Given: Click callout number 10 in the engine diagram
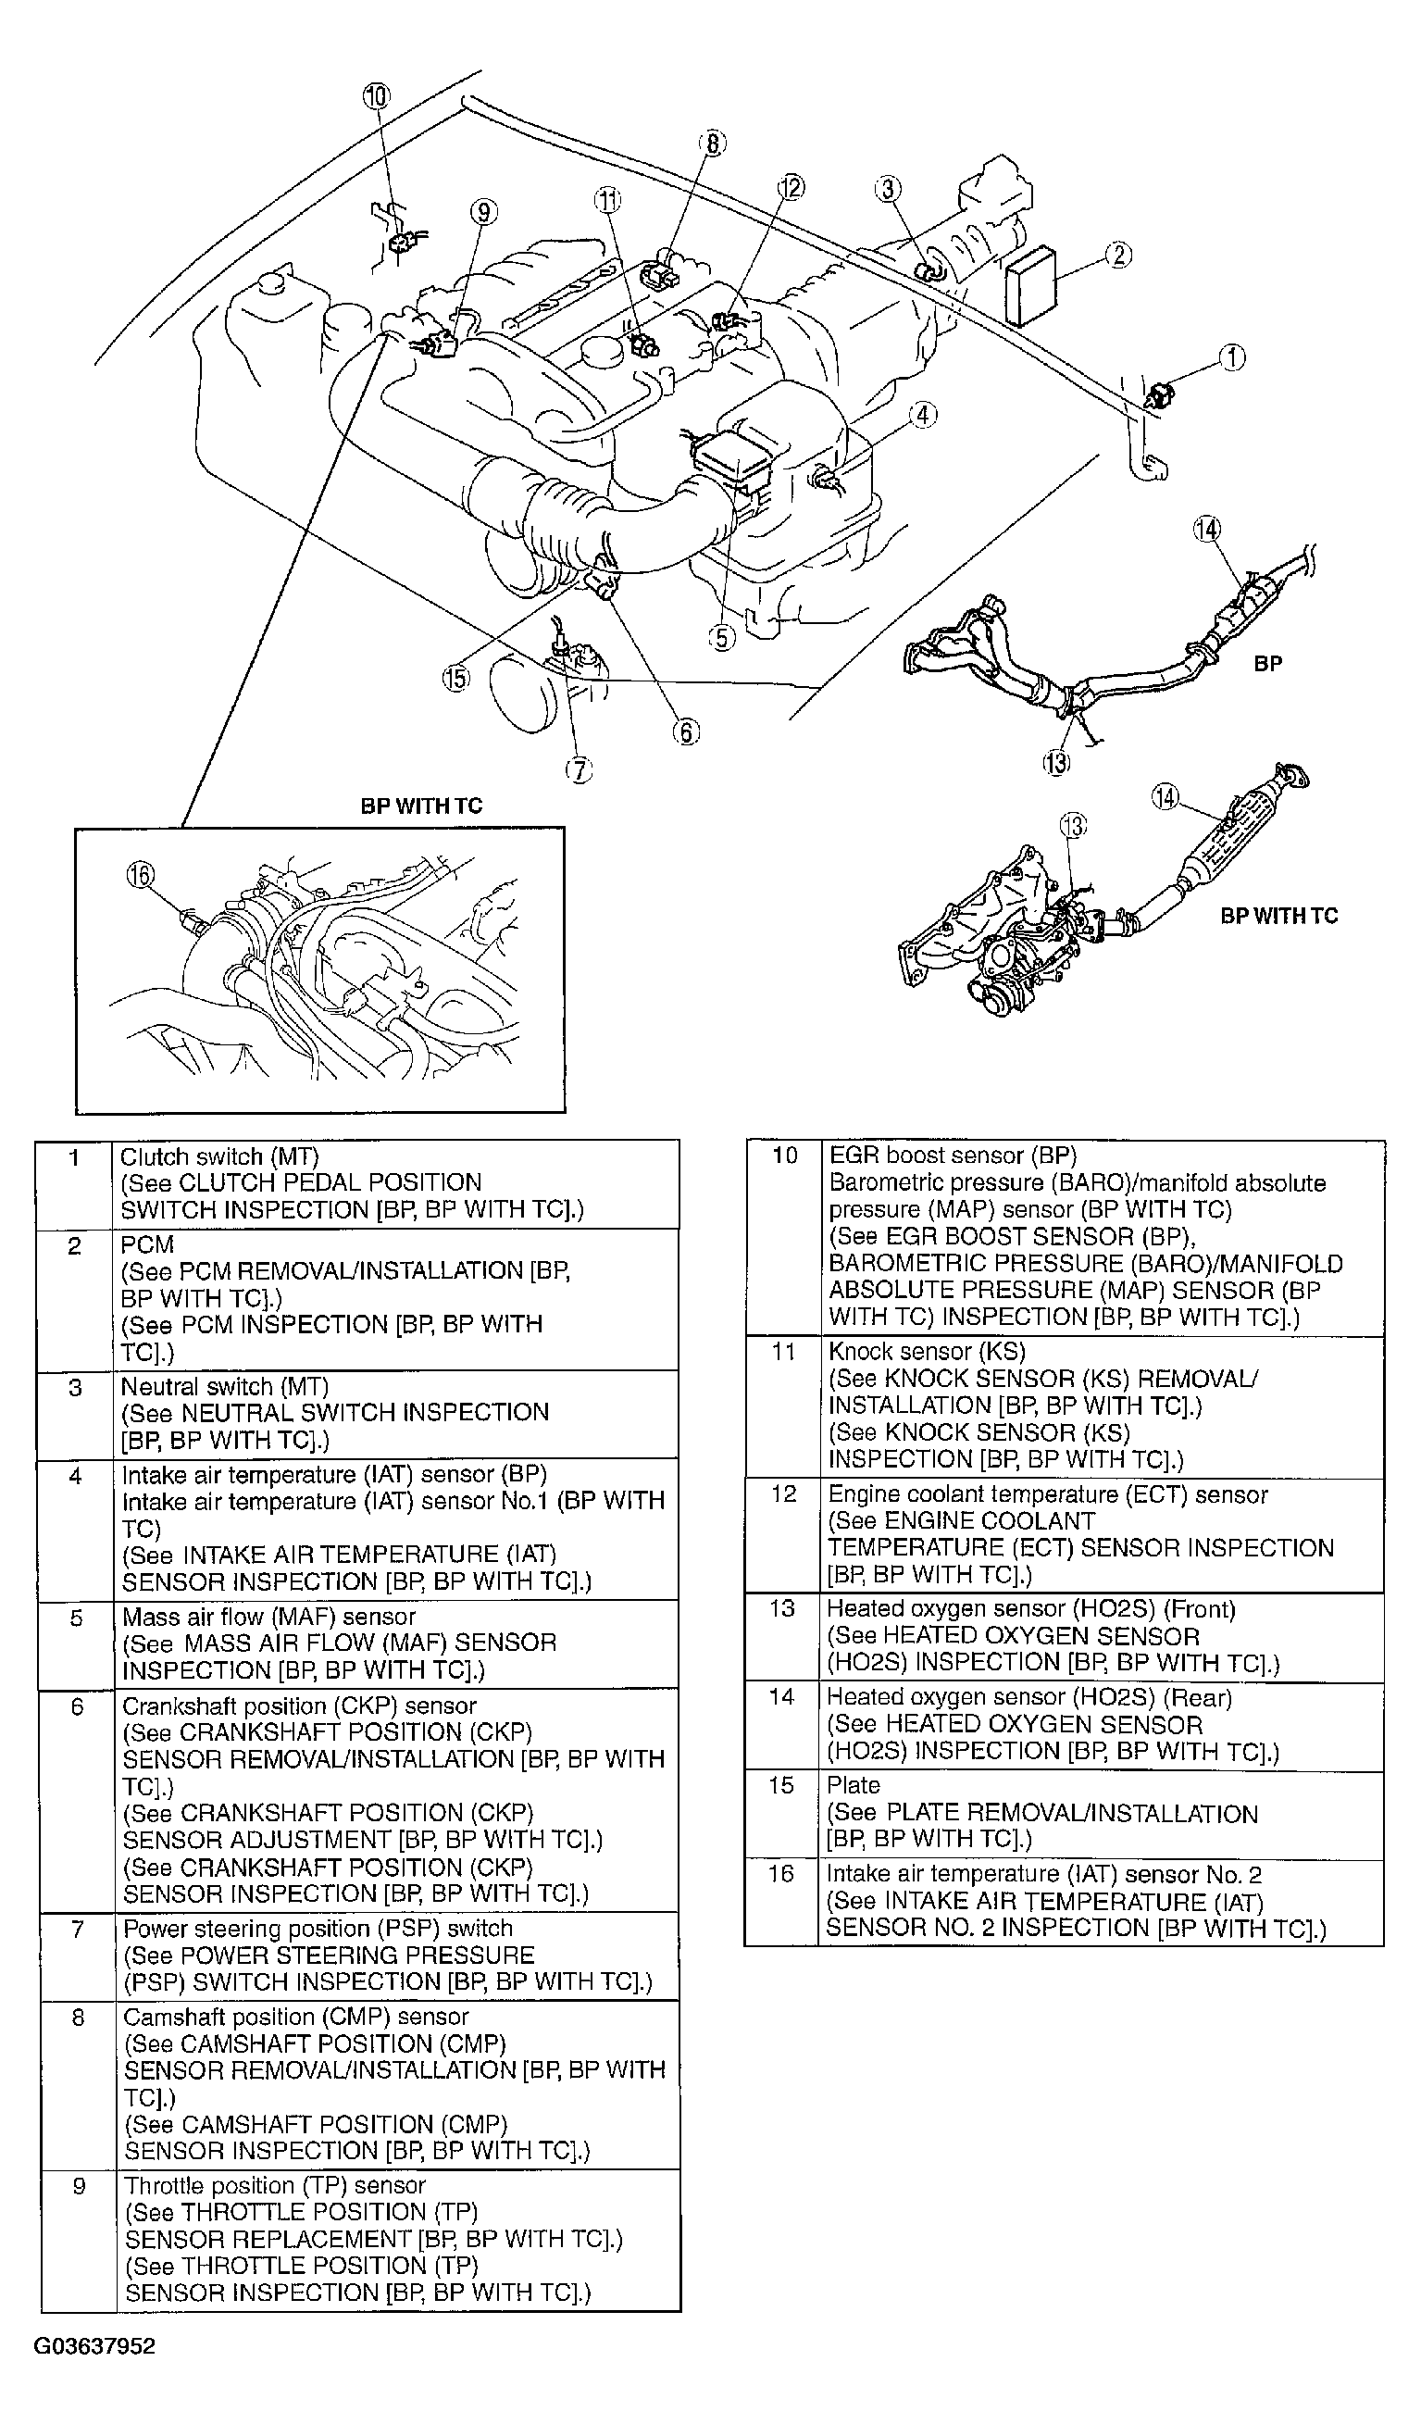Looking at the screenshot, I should click(376, 95).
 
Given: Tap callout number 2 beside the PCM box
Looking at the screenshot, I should click(1118, 255).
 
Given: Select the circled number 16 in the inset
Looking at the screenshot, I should click(141, 874).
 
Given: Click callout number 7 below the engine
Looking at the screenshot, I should click(579, 769).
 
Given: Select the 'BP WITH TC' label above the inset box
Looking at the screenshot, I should click(421, 806).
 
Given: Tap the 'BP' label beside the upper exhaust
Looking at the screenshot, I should click(1267, 664).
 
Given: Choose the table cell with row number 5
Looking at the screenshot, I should click(77, 1618).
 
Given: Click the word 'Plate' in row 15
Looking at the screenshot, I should click(853, 1785).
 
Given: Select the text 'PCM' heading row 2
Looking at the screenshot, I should click(147, 1244).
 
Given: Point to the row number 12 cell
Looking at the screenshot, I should click(783, 1493).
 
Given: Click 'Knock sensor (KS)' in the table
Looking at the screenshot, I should click(927, 1352).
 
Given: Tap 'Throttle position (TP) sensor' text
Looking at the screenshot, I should click(275, 2185).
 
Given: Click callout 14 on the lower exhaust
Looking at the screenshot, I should click(1165, 797).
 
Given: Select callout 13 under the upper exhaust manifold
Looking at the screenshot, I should click(1055, 763).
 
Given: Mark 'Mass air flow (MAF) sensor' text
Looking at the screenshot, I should click(269, 1617).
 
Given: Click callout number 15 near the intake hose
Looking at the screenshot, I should click(455, 678).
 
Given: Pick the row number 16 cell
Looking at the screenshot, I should click(780, 1874).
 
